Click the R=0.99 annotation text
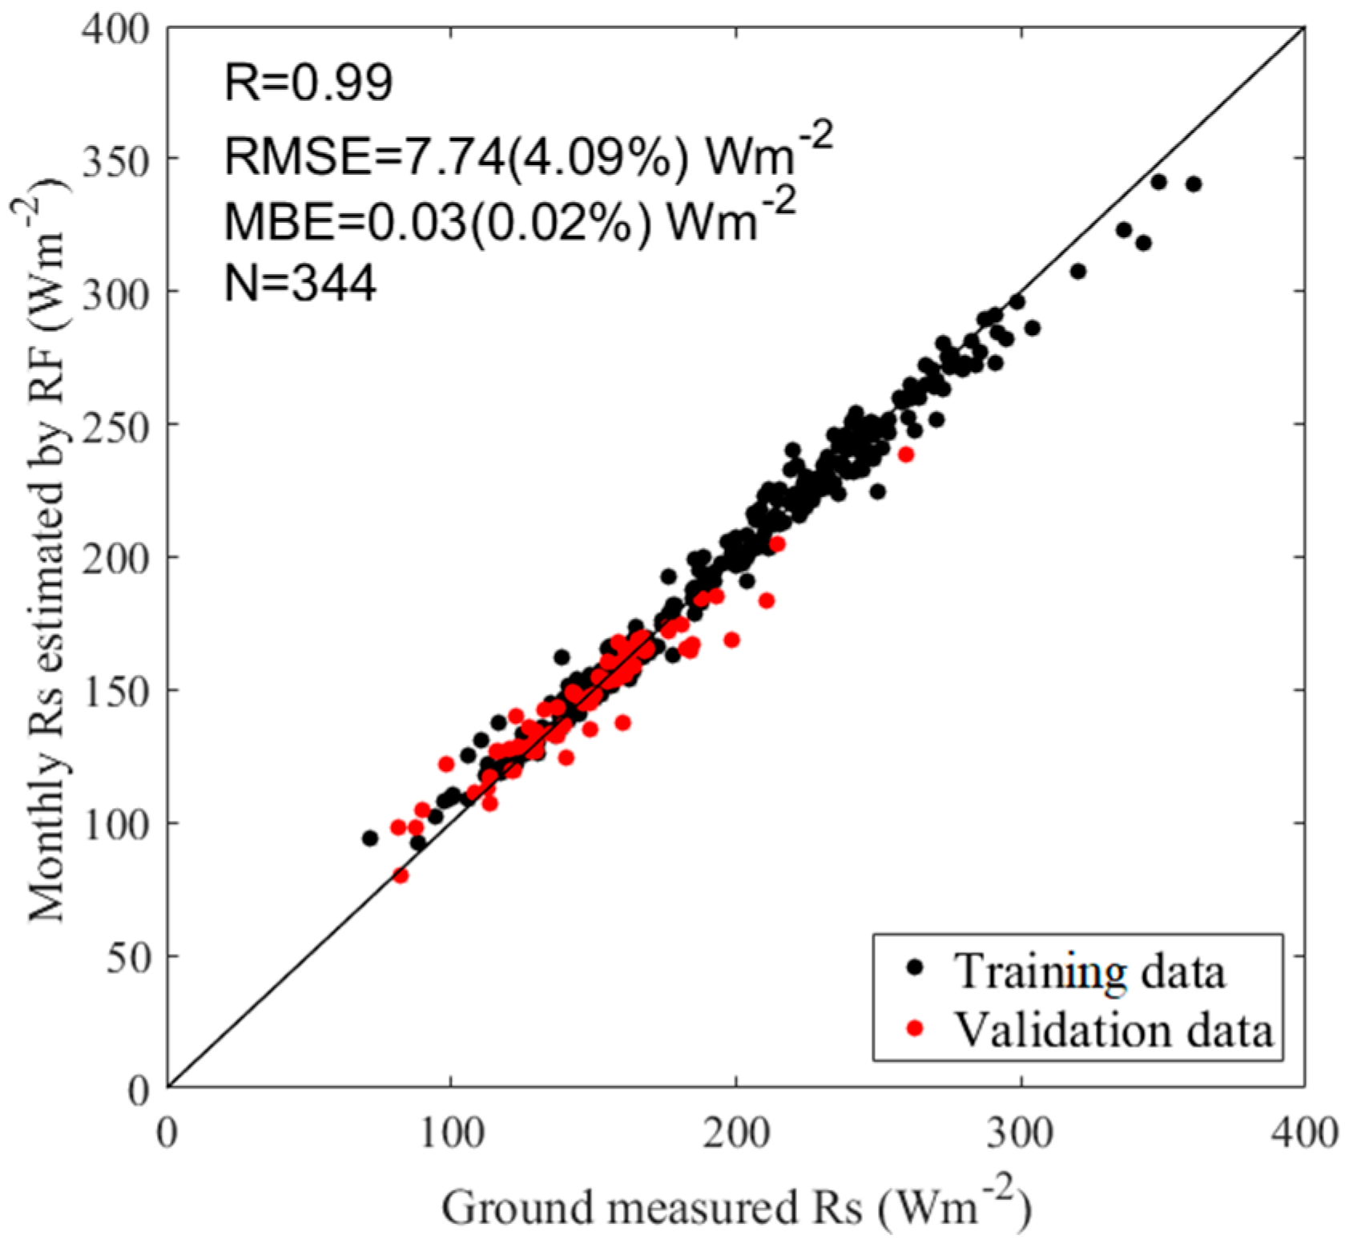(x=308, y=83)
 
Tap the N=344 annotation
(x=300, y=283)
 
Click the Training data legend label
(x=1089, y=971)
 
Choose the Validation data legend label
(x=1114, y=1029)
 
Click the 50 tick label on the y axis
(x=128, y=957)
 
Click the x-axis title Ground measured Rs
(x=735, y=1207)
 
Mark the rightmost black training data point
(x=1194, y=184)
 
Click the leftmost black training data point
(x=370, y=838)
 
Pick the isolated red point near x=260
(x=906, y=454)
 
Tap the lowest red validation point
(x=401, y=875)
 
